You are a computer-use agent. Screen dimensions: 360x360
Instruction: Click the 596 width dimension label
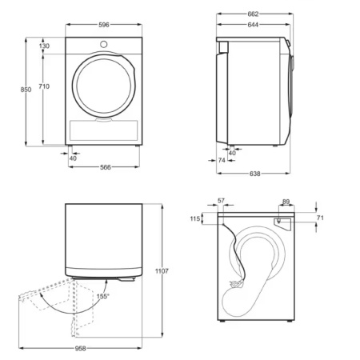pyautogui.click(x=104, y=24)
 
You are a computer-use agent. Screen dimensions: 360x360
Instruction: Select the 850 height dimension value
pyautogui.click(x=26, y=90)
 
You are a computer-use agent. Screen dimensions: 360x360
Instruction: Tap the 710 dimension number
pyautogui.click(x=44, y=86)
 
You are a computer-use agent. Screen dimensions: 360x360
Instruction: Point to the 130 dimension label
pyautogui.click(x=44, y=46)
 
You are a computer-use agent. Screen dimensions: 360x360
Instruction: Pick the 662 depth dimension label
pyautogui.click(x=252, y=14)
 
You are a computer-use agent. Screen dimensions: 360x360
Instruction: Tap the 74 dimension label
pyautogui.click(x=222, y=161)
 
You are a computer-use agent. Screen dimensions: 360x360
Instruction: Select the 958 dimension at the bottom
pyautogui.click(x=82, y=350)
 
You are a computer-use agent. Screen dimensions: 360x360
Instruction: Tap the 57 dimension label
pyautogui.click(x=222, y=201)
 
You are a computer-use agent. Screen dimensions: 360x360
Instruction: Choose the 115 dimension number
pyautogui.click(x=194, y=218)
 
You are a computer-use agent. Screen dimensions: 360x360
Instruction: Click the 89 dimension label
pyautogui.click(x=286, y=202)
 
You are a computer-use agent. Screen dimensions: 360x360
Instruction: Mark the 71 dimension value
pyautogui.click(x=321, y=218)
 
